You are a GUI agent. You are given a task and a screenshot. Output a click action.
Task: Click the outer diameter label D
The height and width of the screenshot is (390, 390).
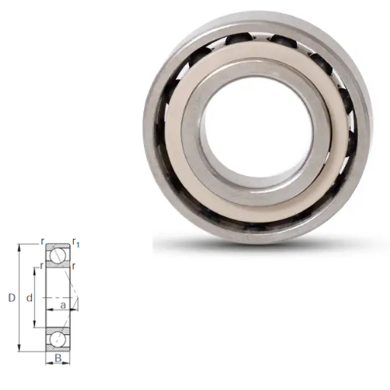[x=12, y=298]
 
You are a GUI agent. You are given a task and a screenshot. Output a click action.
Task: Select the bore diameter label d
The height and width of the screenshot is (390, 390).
[x=30, y=298]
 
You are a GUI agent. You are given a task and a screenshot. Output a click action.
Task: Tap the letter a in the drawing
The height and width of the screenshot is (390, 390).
[x=63, y=305]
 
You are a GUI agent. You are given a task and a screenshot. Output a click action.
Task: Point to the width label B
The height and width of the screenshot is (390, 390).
[x=58, y=358]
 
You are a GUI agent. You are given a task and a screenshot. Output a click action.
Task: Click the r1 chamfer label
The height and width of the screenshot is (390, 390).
[x=75, y=243]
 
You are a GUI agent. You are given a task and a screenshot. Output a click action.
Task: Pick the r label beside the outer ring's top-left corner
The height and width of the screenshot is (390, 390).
[x=43, y=241]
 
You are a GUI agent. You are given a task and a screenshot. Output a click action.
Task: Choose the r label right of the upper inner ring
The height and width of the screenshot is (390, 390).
[x=74, y=266]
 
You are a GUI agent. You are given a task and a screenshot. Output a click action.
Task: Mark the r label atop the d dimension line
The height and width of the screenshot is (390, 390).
[x=42, y=266]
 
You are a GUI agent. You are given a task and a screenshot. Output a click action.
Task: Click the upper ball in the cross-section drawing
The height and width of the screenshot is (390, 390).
[x=58, y=255]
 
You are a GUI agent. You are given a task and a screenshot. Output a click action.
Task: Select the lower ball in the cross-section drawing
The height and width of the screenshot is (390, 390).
[x=58, y=340]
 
